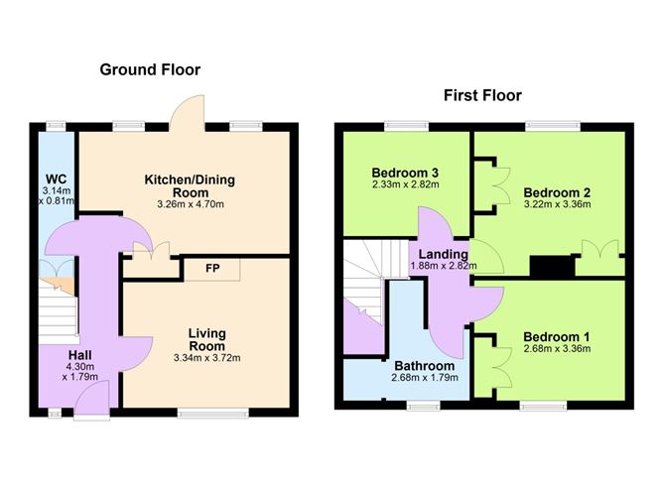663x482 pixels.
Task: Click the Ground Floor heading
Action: point(150,69)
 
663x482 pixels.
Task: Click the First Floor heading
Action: point(481,96)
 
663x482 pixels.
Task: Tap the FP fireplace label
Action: point(211,268)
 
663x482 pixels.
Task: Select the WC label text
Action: point(52,180)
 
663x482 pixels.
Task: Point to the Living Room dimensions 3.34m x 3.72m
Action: point(203,358)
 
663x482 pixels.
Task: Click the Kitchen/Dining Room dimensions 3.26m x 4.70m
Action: point(184,204)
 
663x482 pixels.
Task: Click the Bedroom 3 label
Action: point(405,172)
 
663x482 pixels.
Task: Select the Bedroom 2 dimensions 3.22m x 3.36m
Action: point(557,205)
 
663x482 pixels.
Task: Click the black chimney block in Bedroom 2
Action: point(545,268)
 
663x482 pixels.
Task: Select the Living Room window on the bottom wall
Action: point(212,412)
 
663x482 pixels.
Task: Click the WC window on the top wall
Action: point(55,125)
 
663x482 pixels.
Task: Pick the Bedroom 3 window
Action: point(408,125)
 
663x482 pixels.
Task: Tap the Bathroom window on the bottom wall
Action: point(424,405)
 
